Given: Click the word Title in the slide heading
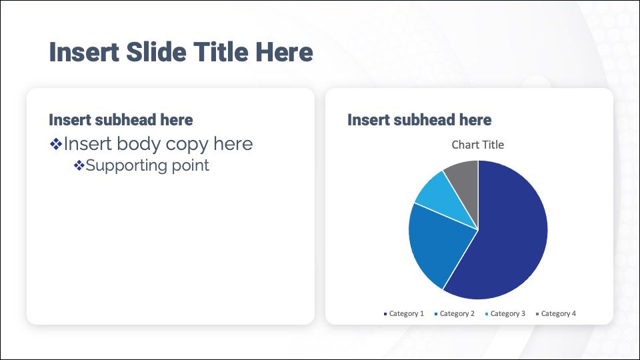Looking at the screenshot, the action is tap(221, 52).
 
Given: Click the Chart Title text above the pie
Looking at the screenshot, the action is tap(477, 145).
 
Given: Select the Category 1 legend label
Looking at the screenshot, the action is tap(407, 313).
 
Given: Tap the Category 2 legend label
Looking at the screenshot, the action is tap(457, 313).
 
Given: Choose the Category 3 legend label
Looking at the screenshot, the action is tap(508, 313).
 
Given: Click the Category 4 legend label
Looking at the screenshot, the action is tap(559, 313).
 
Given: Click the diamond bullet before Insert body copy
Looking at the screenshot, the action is tap(56, 144).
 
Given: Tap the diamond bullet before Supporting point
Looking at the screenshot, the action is tap(79, 165).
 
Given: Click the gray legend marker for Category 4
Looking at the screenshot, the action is tap(537, 314).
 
